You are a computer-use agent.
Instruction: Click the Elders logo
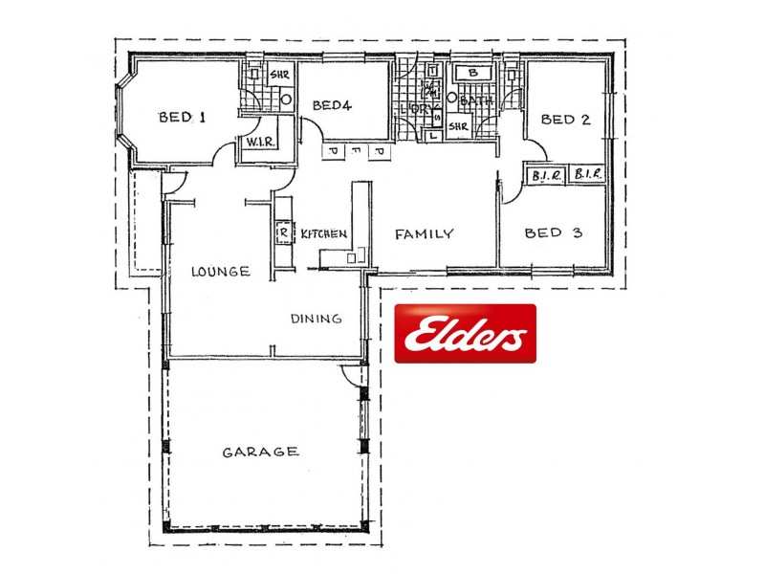(466, 334)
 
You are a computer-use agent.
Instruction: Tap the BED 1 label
(182, 118)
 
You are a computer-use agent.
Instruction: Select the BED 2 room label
(564, 120)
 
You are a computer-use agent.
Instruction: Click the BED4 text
(332, 105)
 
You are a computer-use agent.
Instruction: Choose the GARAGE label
(260, 452)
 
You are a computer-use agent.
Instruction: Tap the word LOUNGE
(220, 272)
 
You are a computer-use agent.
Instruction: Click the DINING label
(316, 320)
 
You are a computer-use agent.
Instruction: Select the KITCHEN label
(323, 233)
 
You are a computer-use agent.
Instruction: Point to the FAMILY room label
(424, 233)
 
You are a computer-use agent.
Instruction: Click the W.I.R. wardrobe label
(260, 143)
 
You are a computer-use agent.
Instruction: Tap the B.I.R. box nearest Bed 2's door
(543, 175)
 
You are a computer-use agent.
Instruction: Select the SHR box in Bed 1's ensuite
(279, 75)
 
